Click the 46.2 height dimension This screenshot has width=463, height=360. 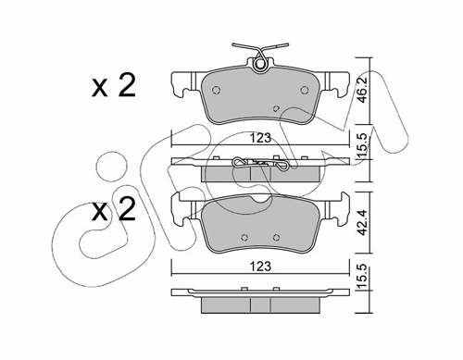(362, 90)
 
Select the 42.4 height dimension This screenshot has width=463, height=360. (362, 222)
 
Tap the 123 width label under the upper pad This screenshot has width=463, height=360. (260, 138)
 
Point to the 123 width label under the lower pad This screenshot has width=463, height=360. (260, 266)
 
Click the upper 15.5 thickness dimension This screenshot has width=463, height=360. (362, 145)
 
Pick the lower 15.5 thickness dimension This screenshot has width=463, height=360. (362, 276)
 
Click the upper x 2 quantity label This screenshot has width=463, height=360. (114, 86)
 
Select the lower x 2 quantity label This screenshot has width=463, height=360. (114, 209)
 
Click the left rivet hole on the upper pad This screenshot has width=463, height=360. (217, 90)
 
